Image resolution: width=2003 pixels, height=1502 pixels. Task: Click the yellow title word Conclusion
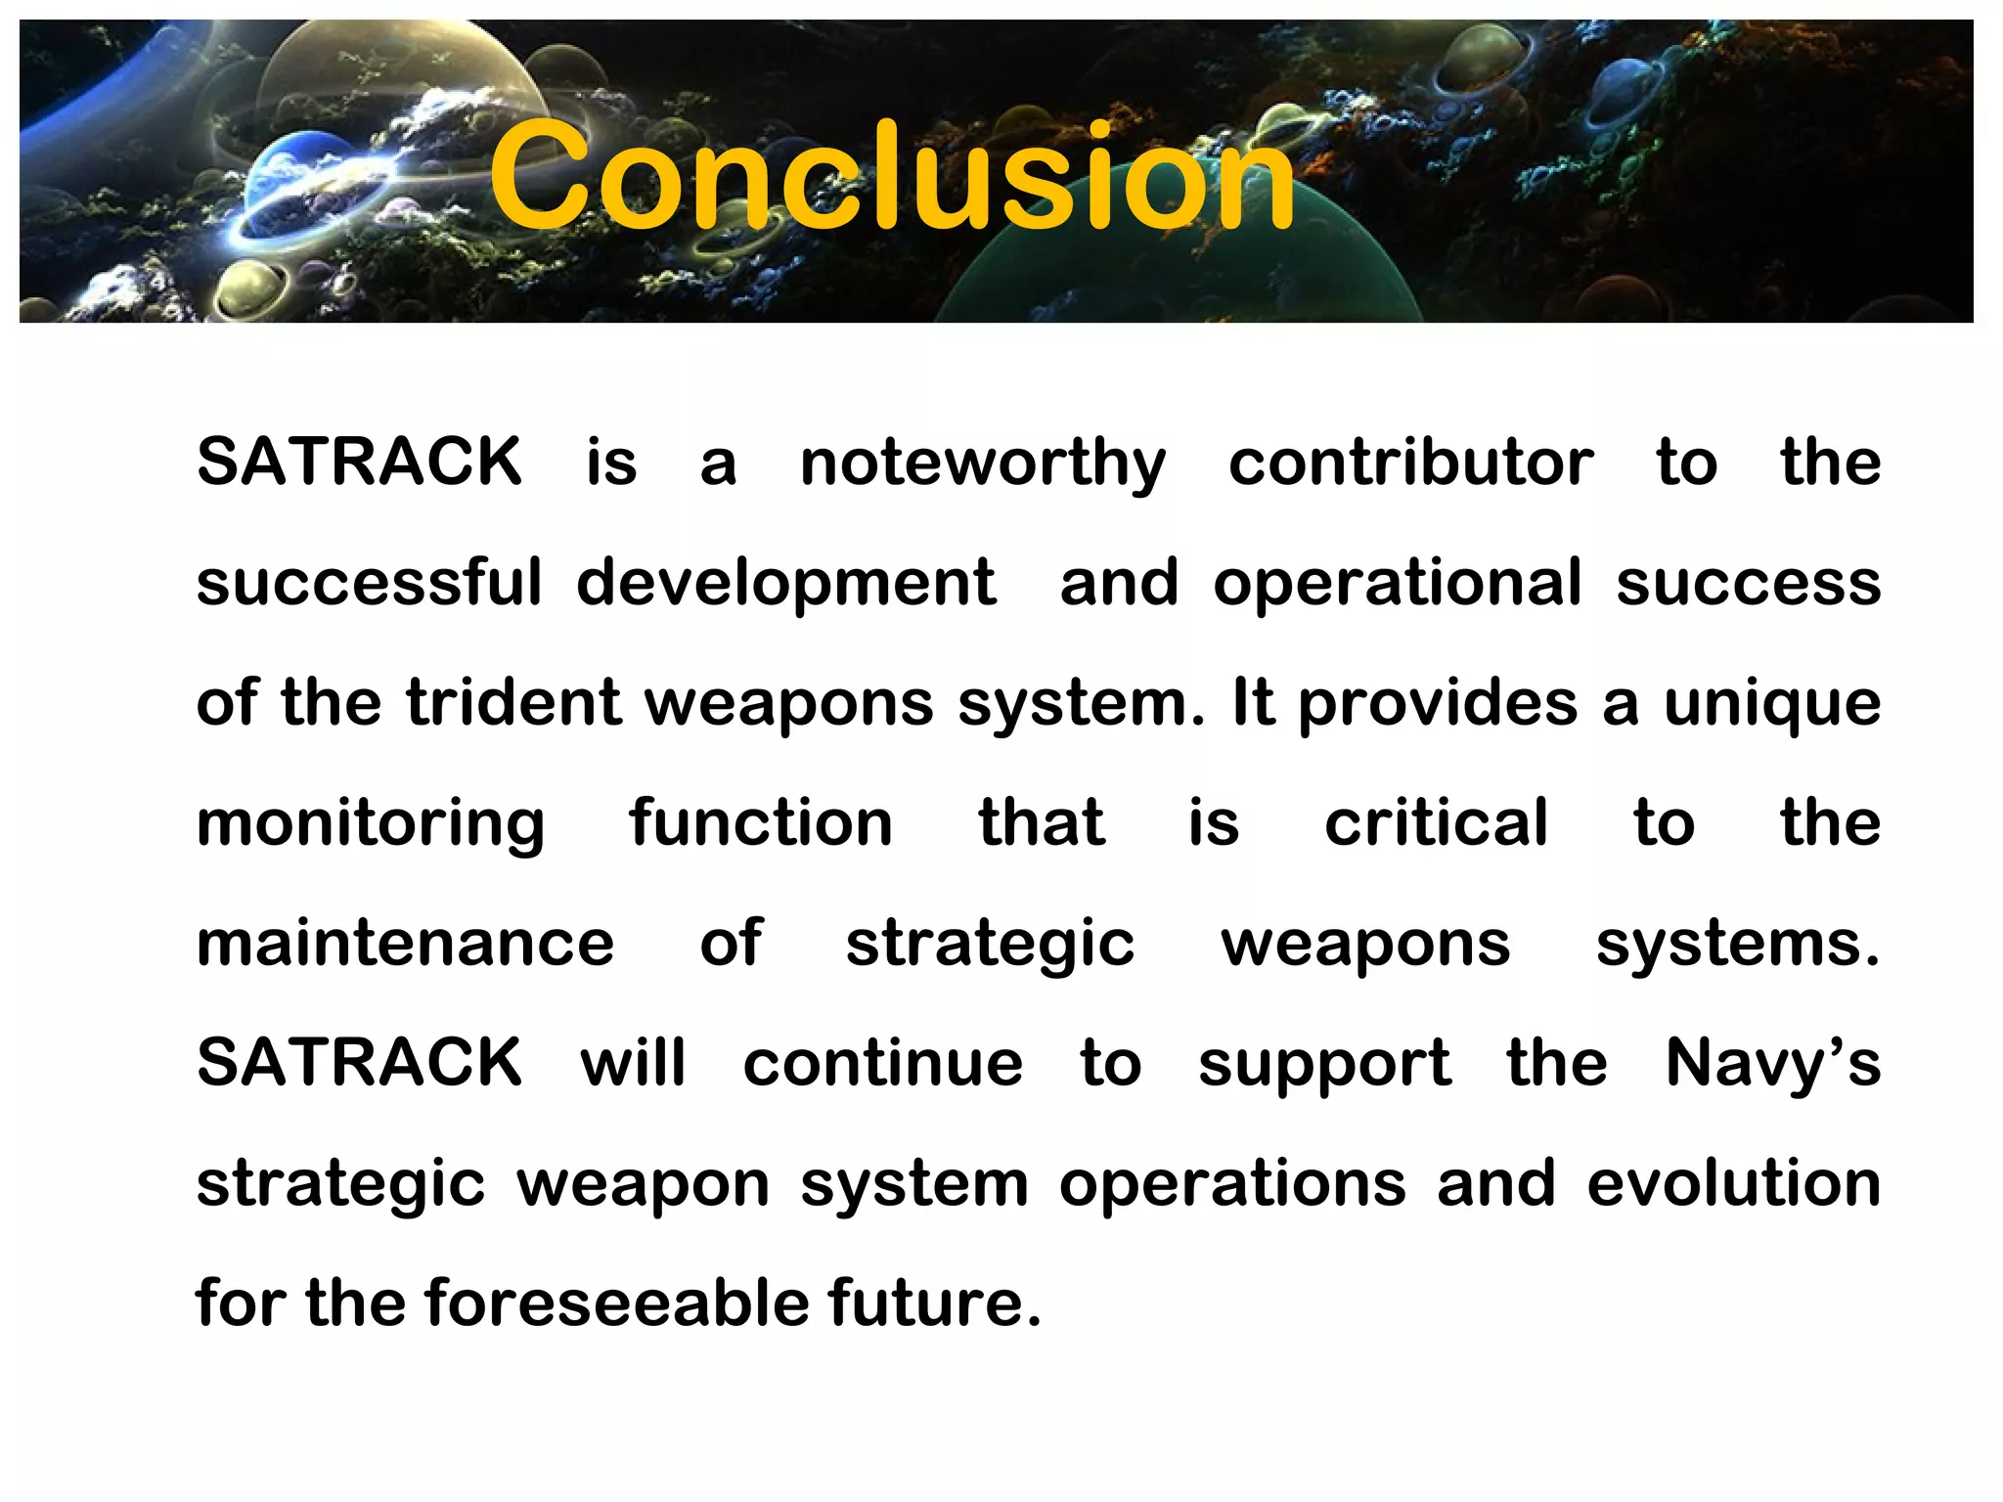click(x=892, y=176)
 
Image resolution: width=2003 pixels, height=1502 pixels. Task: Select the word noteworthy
click(x=983, y=462)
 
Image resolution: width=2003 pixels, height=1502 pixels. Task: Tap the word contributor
click(x=1410, y=462)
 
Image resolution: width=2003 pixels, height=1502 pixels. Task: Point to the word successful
click(x=369, y=582)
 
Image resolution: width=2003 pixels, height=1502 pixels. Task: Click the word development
click(x=786, y=584)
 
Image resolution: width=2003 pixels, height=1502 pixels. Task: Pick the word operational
click(x=1397, y=584)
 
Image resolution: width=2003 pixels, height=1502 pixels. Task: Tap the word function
click(x=761, y=822)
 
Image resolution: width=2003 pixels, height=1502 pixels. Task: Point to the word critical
click(x=1437, y=822)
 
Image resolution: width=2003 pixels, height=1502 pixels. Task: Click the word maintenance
click(x=405, y=943)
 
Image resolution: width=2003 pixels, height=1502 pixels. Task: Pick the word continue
click(x=883, y=1063)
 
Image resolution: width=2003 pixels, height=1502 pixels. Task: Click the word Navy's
click(x=1772, y=1063)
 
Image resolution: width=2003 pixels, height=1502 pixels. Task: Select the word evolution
click(x=1733, y=1183)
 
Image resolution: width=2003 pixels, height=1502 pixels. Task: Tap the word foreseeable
click(x=617, y=1303)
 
